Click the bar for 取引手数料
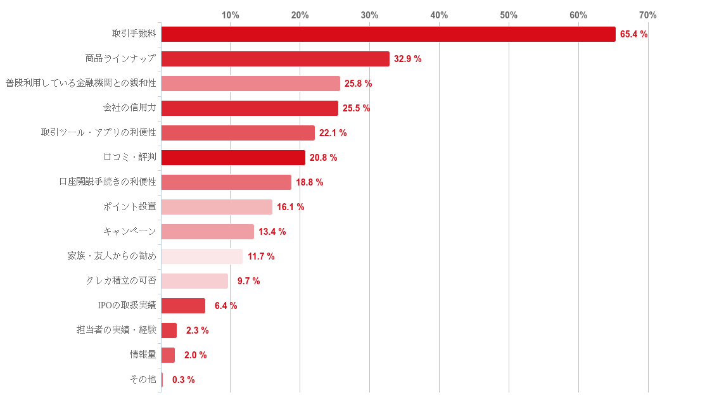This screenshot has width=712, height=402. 388,34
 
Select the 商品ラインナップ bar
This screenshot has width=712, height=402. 275,59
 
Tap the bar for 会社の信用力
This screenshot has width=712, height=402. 250,108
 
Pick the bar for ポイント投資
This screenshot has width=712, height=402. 217,207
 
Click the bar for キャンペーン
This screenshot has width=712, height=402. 207,232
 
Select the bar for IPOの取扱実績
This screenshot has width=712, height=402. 183,306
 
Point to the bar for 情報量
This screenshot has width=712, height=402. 168,355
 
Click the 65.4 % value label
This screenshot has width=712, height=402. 633,34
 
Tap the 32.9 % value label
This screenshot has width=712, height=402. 407,59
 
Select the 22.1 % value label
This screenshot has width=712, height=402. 333,133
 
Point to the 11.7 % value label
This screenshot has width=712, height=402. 261,256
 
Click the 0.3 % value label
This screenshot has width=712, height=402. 183,380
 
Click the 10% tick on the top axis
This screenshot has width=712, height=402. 230,15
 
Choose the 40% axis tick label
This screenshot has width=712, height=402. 439,15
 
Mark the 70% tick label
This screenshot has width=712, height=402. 647,15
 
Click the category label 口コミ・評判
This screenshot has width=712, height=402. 130,157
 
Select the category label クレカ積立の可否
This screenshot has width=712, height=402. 121,280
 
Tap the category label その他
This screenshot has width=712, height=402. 143,379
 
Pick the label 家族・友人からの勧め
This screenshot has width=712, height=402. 111,256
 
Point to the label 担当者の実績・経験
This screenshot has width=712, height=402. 116,330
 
